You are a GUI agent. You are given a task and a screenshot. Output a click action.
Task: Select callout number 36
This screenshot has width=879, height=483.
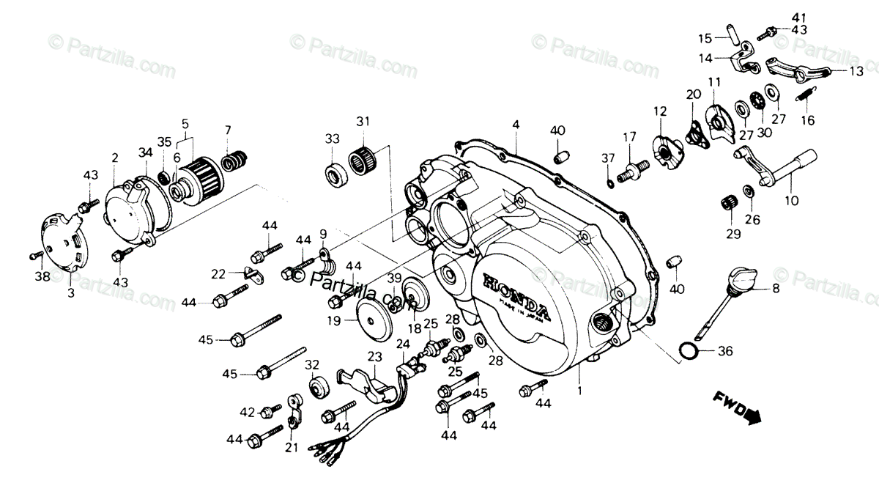click(x=725, y=352)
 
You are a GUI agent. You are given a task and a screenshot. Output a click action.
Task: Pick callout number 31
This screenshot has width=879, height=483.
click(x=363, y=121)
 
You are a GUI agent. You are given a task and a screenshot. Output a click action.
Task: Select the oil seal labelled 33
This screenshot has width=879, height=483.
click(x=335, y=174)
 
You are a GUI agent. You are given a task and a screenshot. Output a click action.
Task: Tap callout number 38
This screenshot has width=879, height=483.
click(x=42, y=277)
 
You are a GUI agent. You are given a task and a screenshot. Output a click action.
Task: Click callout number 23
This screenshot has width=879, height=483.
click(x=374, y=357)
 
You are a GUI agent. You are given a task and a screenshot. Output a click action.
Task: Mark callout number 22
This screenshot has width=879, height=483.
click(x=218, y=274)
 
